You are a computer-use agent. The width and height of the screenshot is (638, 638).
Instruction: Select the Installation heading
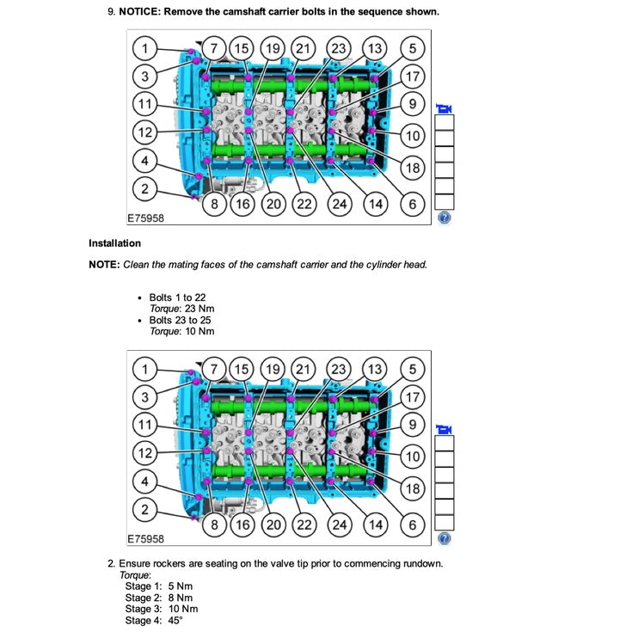pos(114,243)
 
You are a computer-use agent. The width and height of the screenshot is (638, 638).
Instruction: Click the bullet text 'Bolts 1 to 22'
pos(177,298)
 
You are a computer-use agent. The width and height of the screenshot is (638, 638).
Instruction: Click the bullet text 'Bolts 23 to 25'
pos(181,320)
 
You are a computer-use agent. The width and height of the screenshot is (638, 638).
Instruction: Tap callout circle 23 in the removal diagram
pos(339,48)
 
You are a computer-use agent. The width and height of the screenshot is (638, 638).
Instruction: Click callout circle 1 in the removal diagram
pos(145,48)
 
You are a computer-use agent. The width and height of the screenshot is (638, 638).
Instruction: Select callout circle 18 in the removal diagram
pos(413,168)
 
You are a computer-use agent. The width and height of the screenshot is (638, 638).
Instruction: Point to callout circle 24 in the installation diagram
pos(339,525)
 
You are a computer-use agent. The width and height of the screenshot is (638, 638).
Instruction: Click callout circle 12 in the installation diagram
pos(145,453)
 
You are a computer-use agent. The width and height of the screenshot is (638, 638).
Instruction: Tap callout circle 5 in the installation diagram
pos(413,370)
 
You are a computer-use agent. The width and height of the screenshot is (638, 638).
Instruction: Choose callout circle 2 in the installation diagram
pos(145,510)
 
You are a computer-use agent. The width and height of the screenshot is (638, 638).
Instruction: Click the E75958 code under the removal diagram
pos(144,218)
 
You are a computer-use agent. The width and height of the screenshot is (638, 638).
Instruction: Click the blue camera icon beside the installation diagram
pos(444,429)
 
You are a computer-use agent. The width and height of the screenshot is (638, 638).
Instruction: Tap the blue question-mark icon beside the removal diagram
pos(444,218)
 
